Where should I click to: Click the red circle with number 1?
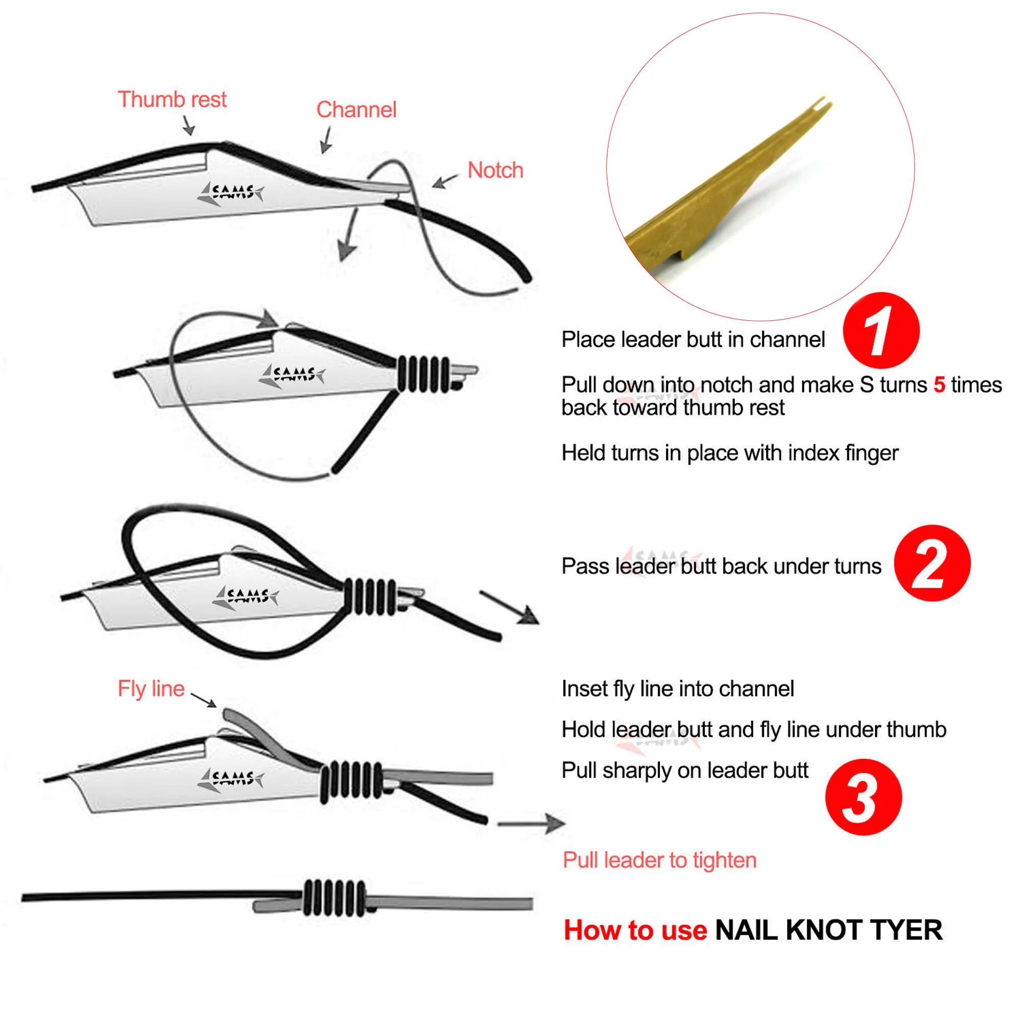point(881,331)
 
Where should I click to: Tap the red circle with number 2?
point(931,563)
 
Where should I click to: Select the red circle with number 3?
point(863,797)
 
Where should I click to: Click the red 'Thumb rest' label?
point(171,99)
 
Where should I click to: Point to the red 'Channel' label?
point(356,110)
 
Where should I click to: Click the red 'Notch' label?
point(495,170)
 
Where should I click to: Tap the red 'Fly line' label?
point(150,689)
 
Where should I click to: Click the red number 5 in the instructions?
point(939,385)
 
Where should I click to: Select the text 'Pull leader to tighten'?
point(659,860)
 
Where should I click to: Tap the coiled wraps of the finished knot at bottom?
point(334,898)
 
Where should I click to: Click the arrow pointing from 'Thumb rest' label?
point(188,125)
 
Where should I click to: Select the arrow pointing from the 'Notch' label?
point(445,181)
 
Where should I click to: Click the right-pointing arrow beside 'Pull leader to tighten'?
point(530,823)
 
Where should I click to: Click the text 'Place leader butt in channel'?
point(693,340)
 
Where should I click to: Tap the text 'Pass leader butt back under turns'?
point(721,566)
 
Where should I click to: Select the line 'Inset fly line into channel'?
point(677,689)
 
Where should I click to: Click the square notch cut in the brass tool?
point(674,256)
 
